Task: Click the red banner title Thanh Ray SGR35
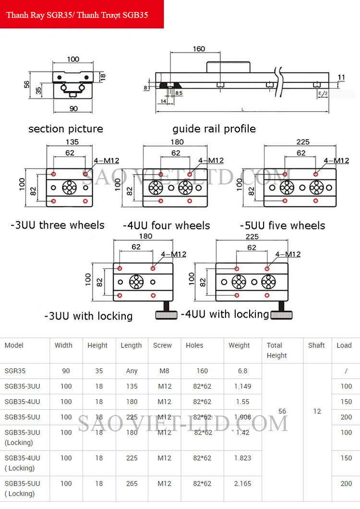point(77,15)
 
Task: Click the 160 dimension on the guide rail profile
point(198,49)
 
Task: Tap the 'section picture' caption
point(66,129)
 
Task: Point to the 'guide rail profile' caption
point(214,129)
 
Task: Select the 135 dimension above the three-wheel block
point(72,142)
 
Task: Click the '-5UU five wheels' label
point(283,225)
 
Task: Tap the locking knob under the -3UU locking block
point(166,315)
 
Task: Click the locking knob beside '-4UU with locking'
point(282,315)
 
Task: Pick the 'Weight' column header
point(239,345)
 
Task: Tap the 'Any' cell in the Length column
point(132,371)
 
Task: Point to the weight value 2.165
point(242,484)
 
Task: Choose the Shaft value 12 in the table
point(317,411)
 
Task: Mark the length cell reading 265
point(132,484)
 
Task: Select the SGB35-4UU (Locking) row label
point(22,462)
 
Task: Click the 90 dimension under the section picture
point(73,108)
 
